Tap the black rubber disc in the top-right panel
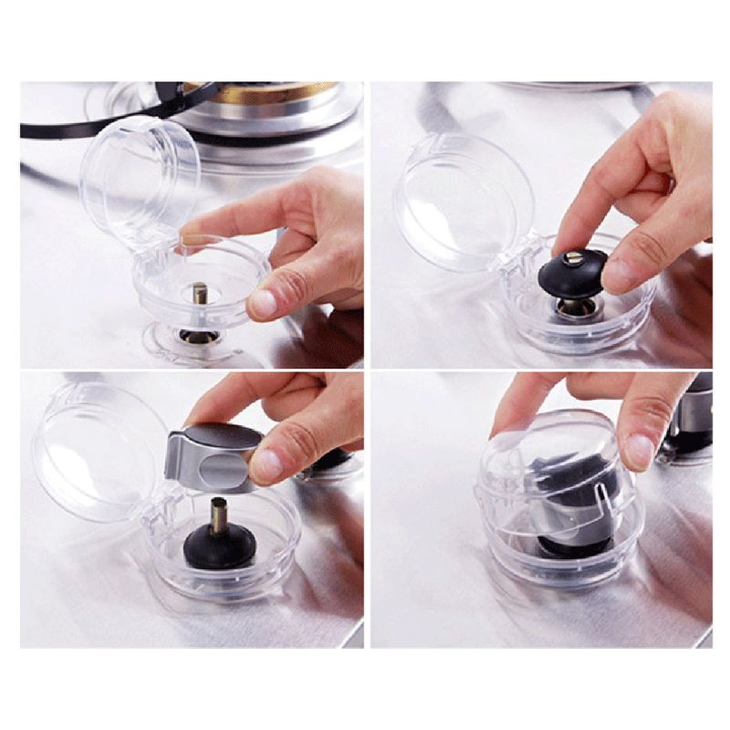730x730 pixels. [570, 273]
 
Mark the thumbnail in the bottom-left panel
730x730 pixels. [267, 464]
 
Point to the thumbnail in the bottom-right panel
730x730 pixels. [640, 451]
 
